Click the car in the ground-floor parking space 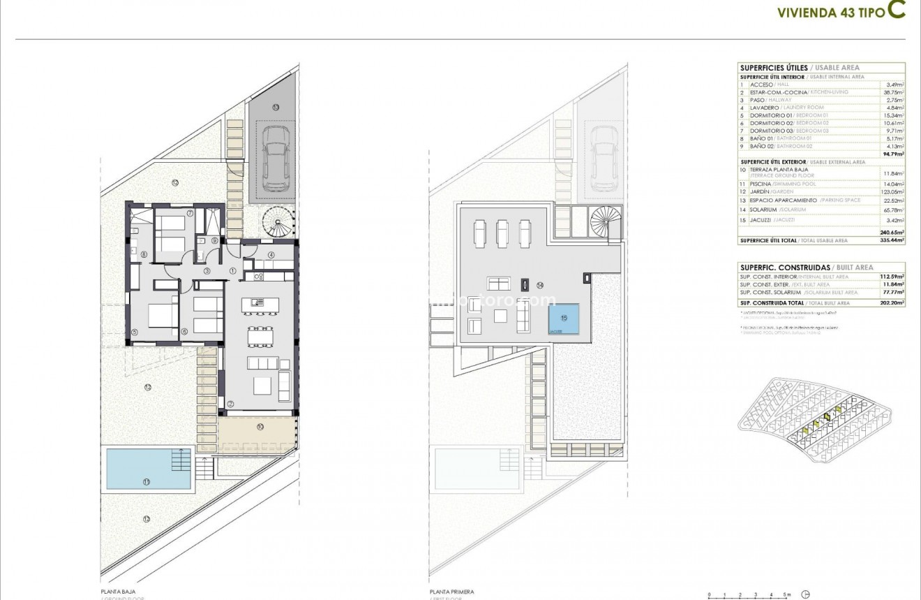(x=274, y=159)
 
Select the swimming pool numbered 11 (x=148, y=468)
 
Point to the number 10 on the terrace (x=260, y=426)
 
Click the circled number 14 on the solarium (x=540, y=285)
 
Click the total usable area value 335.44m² (x=892, y=240)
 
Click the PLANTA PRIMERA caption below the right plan (x=451, y=592)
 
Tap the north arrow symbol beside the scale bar (x=807, y=594)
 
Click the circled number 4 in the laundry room (x=270, y=255)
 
